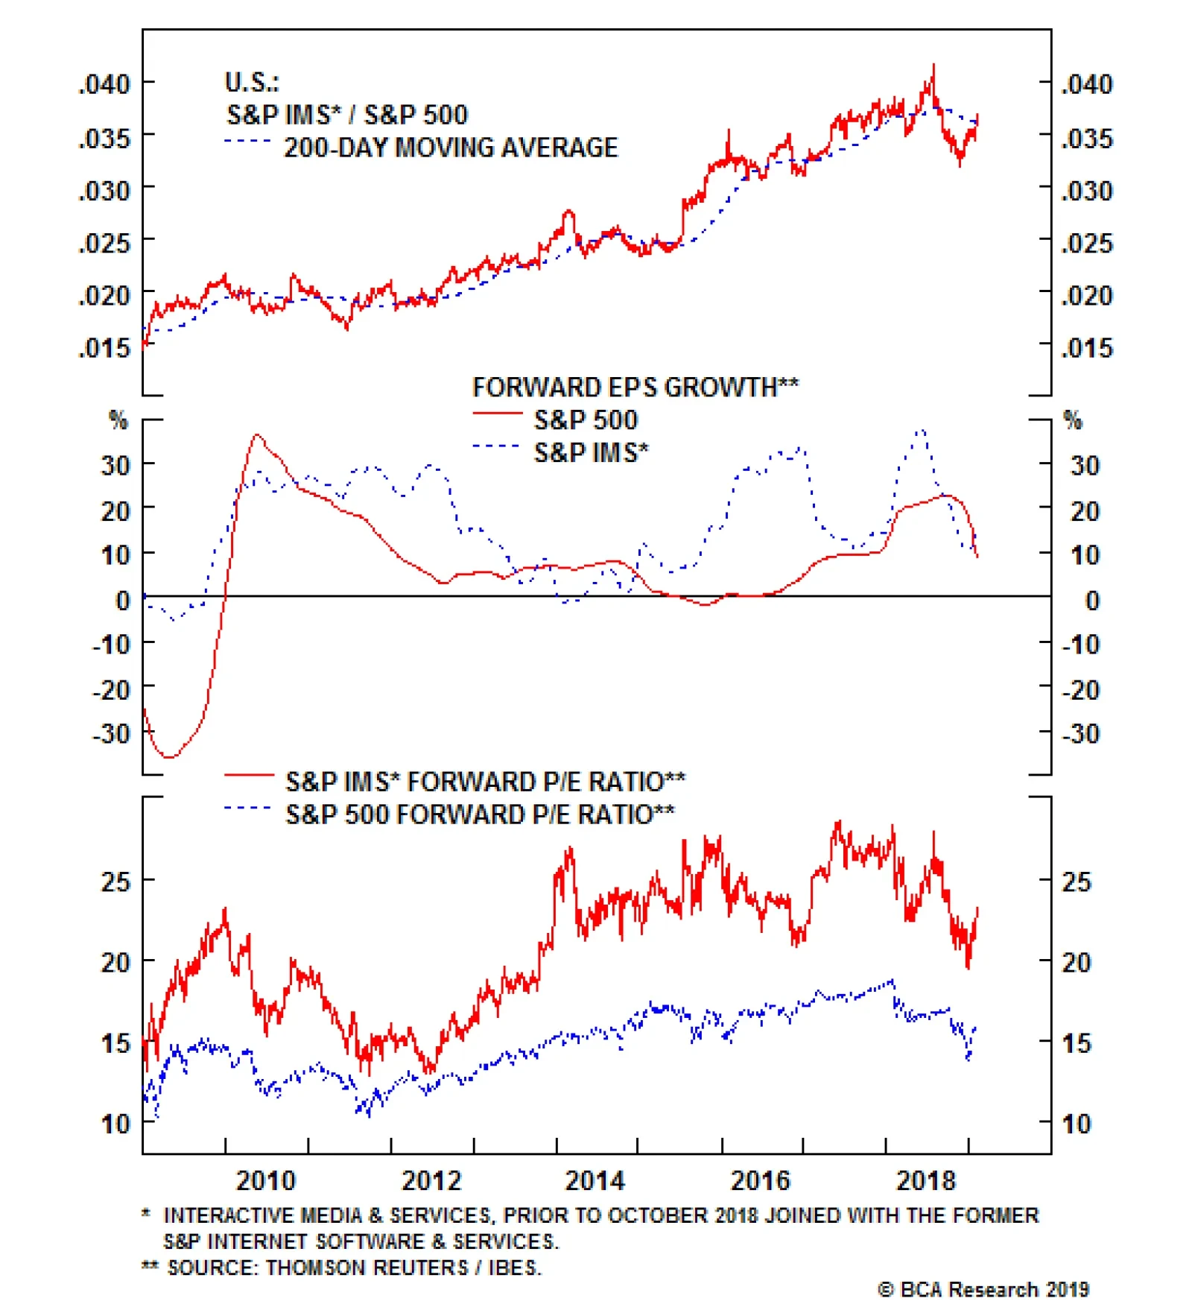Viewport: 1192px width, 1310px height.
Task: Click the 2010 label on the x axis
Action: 266,1181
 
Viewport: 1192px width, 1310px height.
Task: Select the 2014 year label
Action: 595,1181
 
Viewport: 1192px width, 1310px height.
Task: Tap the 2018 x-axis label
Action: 925,1181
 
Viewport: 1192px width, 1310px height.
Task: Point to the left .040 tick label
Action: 105,83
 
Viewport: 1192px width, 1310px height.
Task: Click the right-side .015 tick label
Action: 1087,348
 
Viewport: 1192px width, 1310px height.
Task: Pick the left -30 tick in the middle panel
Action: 112,734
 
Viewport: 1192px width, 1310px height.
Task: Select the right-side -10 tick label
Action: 1081,645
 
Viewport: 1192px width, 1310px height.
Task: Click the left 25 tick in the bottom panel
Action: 115,882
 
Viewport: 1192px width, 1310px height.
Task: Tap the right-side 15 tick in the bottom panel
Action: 1077,1043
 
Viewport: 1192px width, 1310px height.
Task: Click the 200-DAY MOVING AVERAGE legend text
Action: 451,148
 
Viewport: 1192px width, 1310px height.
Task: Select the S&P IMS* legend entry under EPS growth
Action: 591,453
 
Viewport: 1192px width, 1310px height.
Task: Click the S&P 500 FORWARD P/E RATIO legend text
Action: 480,814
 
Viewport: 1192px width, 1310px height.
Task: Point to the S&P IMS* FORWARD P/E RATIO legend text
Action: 485,782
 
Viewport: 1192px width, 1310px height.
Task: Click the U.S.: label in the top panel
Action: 252,82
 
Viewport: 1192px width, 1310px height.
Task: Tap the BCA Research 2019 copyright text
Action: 983,1290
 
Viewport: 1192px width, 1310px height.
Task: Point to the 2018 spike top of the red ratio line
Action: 933,65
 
